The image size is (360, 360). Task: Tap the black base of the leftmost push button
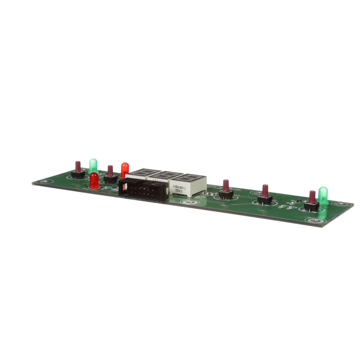78,175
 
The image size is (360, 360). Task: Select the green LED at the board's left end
93,165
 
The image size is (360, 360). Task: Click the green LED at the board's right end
323,195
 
